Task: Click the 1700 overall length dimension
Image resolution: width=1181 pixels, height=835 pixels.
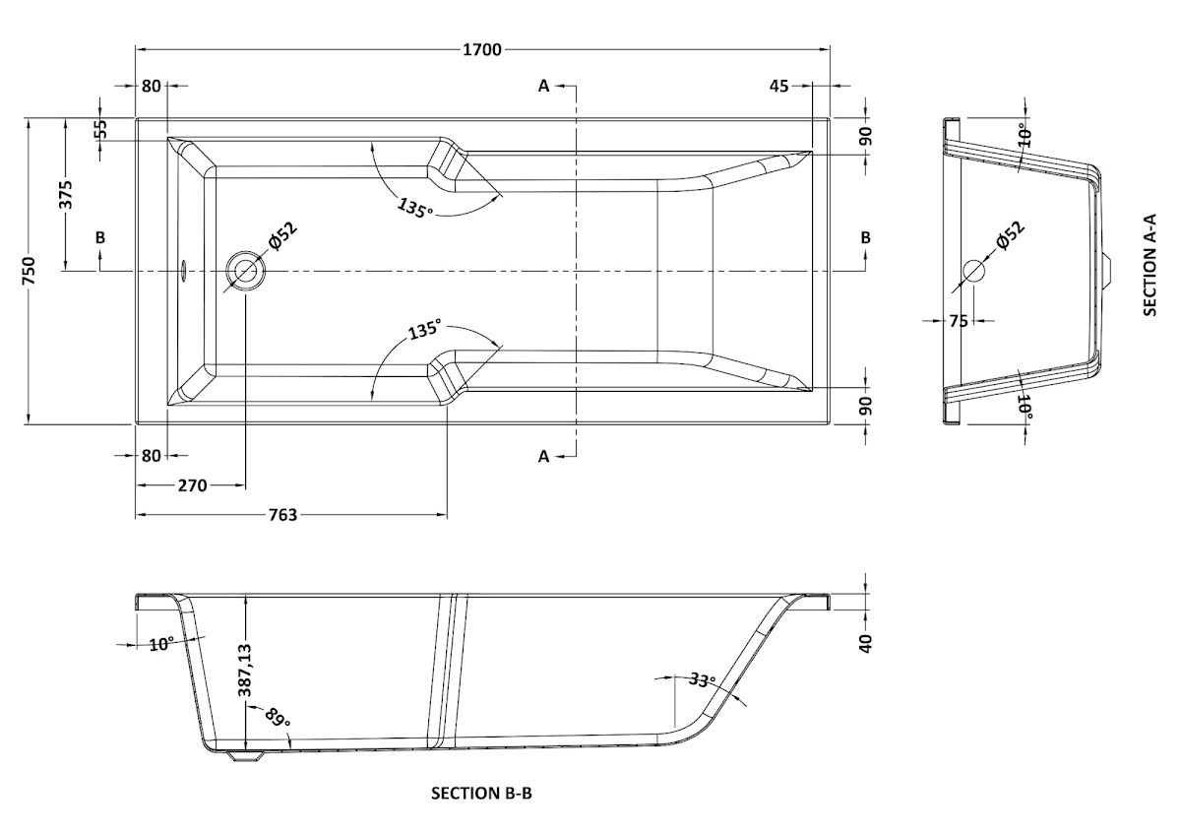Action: [x=480, y=49]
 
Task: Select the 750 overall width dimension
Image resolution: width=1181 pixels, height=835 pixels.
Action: [x=29, y=271]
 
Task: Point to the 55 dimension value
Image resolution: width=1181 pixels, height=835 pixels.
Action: [x=99, y=130]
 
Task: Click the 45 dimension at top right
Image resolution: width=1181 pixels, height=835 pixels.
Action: [x=778, y=86]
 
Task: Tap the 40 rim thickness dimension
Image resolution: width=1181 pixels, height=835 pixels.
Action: [x=866, y=643]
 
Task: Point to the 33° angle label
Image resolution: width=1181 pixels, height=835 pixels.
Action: [x=701, y=679]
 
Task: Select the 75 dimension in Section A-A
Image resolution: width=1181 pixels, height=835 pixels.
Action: [x=959, y=320]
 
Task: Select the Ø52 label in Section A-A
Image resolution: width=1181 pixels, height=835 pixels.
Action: [x=1009, y=239]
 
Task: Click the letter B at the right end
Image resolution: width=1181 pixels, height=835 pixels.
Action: [x=865, y=237]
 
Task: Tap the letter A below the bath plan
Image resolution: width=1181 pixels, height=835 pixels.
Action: [x=543, y=455]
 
